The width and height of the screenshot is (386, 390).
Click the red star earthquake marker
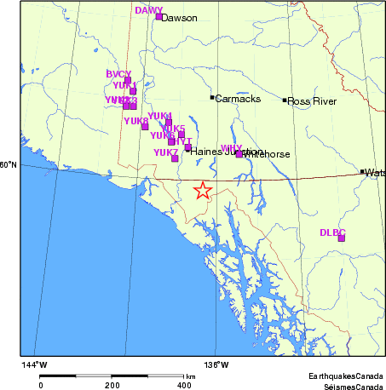pos(202,190)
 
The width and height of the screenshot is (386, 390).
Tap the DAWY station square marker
pos(158,16)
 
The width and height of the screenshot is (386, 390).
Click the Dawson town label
pos(179,18)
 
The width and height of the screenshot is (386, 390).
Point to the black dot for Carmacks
pos(212,97)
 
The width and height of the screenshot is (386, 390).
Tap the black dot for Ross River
pos(285,100)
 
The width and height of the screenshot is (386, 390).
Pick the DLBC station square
pos(341,238)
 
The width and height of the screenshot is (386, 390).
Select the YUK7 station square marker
pos(175,158)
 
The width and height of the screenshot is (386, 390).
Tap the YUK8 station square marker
pos(145,127)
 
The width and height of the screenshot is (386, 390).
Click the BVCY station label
pos(118,74)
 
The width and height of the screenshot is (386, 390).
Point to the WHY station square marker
pos(239,153)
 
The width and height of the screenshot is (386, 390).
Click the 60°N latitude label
pos(9,165)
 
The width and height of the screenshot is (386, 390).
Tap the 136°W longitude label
pos(216,365)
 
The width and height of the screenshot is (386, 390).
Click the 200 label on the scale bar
pos(112,385)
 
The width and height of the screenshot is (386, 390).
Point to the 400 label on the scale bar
pos(182,385)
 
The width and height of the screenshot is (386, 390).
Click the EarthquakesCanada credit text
pos(346,376)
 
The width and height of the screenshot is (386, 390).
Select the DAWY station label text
pos(149,10)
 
